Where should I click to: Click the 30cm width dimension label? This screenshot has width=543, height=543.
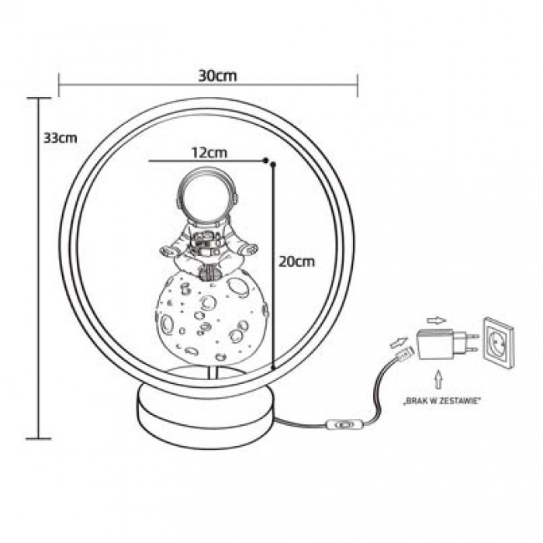[217, 76]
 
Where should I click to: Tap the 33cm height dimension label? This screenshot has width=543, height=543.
[61, 138]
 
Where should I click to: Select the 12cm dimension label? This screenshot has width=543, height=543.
[209, 152]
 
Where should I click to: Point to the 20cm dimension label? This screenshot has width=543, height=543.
[297, 261]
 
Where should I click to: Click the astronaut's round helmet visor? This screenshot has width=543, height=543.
[207, 197]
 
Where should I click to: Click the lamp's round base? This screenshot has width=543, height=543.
[207, 416]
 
